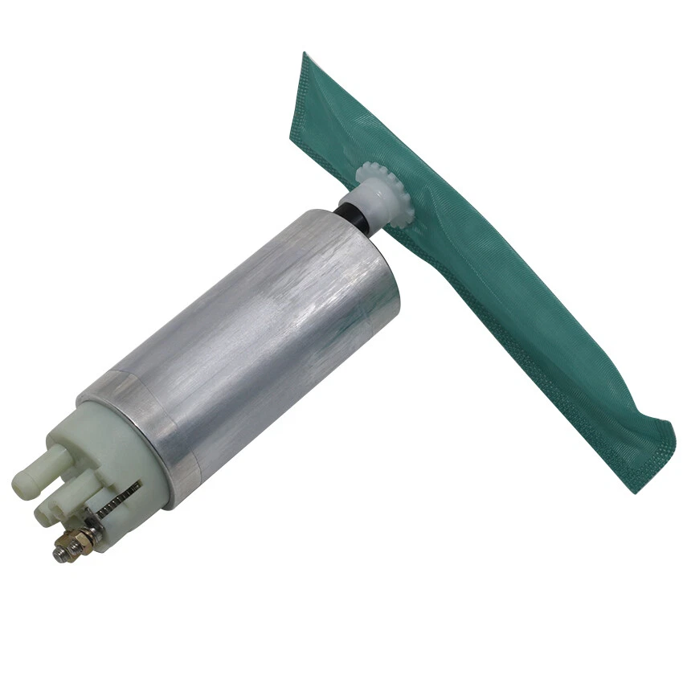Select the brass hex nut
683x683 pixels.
click(80, 538)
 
